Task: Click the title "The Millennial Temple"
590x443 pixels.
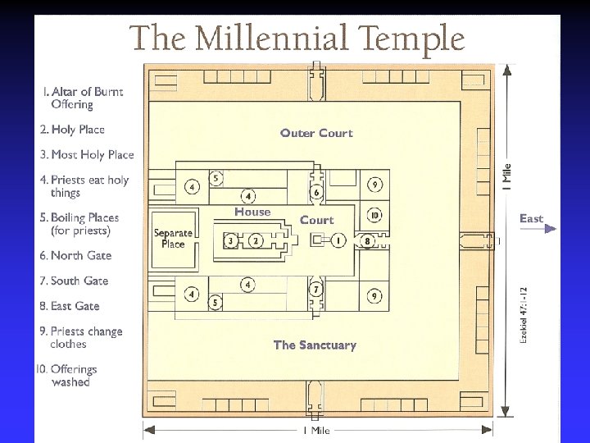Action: (297, 38)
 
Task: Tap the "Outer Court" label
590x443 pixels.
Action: (316, 133)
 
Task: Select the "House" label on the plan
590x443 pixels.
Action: (252, 212)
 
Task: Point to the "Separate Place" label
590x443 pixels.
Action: (173, 238)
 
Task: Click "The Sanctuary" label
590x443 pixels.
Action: (315, 345)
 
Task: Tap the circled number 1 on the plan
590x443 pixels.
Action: (338, 240)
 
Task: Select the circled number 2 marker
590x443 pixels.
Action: (256, 240)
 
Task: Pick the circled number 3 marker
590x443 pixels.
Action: (232, 240)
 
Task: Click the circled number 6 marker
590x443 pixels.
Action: (316, 192)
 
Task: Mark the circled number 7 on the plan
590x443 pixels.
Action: (316, 290)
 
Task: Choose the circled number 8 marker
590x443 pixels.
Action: (368, 240)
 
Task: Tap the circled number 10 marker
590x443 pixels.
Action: (374, 216)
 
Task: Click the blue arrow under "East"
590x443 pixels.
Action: (538, 229)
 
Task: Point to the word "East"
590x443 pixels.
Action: (531, 218)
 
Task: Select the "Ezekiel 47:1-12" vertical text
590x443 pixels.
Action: (523, 313)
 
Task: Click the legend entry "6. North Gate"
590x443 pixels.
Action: (75, 255)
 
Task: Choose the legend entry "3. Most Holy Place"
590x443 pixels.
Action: (86, 154)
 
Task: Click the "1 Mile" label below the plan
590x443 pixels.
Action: (316, 431)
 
